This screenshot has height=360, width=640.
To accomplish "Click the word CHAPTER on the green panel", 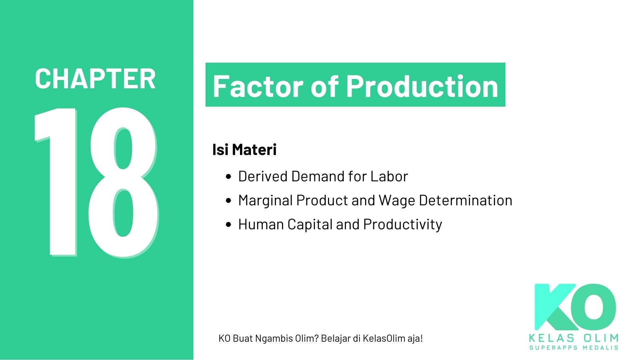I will tap(95, 79).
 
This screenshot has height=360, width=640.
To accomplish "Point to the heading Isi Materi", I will tap(244, 150).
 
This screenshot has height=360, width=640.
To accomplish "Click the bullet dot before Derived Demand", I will tap(228, 177).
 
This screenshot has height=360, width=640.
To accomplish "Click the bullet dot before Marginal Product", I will tap(228, 201).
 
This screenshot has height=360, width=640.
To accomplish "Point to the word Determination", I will tap(465, 200).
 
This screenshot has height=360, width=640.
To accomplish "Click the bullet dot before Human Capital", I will tap(228, 225).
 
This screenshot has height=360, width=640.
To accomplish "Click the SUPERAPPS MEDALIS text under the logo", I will tap(574, 348).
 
